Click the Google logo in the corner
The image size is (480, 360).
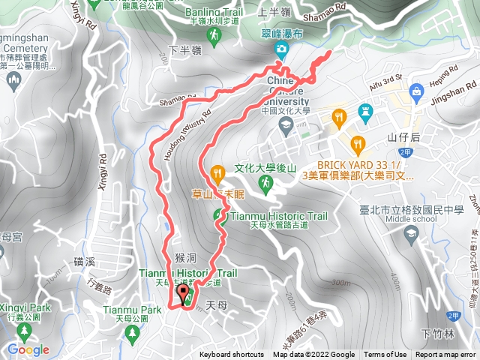point(28,349)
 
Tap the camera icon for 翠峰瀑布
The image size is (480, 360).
point(280,49)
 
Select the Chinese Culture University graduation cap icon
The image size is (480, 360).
point(285,123)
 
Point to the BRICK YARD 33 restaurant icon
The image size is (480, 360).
point(358,142)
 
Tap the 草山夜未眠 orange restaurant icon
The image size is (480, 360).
point(217,173)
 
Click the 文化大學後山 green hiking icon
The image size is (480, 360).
point(264,182)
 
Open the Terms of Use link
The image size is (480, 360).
point(385,355)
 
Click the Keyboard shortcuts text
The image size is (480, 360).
point(231,355)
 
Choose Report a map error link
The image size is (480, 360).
point(446,355)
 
